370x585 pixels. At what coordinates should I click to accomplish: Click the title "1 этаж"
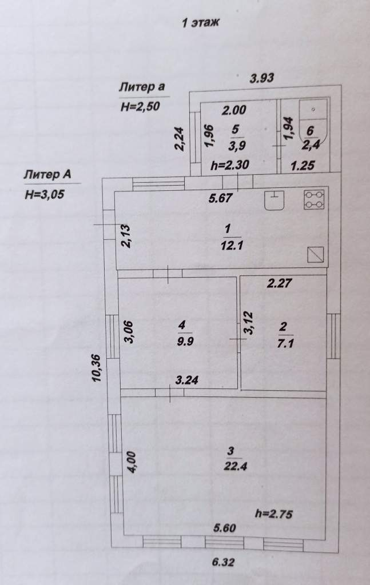[x=200, y=23]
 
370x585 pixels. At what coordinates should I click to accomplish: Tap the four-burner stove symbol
[x=314, y=199]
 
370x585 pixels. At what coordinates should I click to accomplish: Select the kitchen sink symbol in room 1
[x=274, y=200]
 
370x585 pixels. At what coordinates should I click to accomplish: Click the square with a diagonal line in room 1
[x=315, y=255]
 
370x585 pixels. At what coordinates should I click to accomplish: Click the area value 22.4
[x=235, y=466]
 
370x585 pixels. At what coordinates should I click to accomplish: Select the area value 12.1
[x=232, y=245]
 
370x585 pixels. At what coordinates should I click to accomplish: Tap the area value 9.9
[x=185, y=342]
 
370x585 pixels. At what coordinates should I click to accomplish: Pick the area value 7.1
[x=285, y=343]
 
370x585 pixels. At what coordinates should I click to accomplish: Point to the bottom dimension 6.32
[x=223, y=562]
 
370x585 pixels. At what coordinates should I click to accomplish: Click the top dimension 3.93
[x=262, y=78]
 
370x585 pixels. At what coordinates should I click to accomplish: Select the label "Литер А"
[x=47, y=174]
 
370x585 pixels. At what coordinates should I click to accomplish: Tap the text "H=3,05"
[x=45, y=194]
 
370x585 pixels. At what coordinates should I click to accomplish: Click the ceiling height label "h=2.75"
[x=274, y=514]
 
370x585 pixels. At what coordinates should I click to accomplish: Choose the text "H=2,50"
[x=140, y=107]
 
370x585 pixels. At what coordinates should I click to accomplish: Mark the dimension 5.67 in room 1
[x=221, y=198]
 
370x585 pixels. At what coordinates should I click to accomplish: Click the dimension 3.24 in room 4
[x=186, y=380]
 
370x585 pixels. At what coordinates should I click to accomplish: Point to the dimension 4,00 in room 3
[x=133, y=463]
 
